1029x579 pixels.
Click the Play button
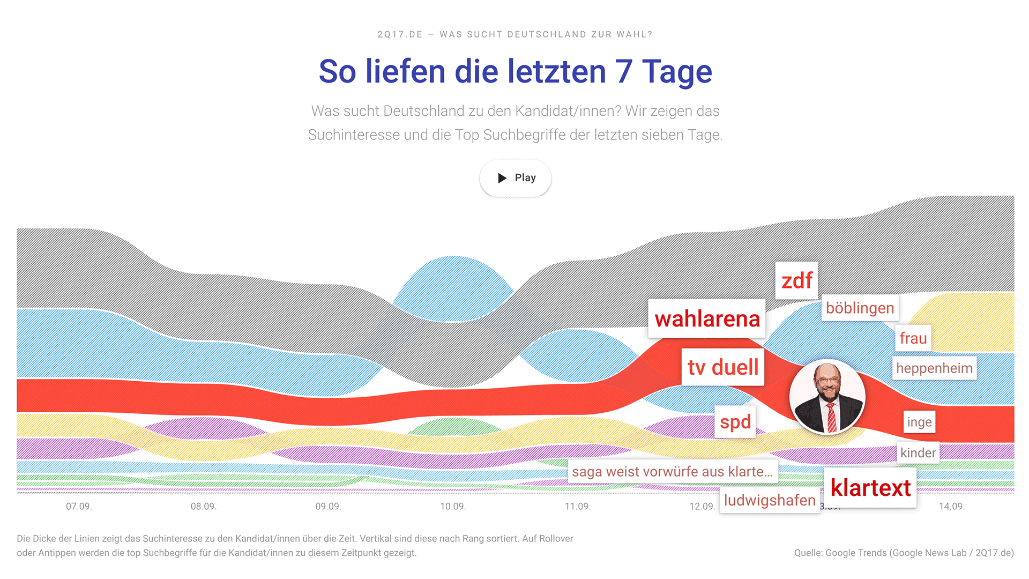point(515,178)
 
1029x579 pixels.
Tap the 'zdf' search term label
point(796,280)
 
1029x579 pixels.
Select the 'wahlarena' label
point(707,319)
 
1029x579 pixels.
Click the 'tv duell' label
point(722,367)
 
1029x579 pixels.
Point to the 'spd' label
point(735,422)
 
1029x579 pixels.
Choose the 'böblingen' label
point(860,308)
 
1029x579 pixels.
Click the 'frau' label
point(913,338)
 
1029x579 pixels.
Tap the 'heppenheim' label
point(934,368)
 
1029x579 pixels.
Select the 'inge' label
point(919,422)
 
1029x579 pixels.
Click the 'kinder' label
point(918,453)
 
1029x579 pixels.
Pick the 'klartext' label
point(870,488)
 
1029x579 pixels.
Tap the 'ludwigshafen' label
point(770,500)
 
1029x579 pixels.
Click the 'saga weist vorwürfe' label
point(672,472)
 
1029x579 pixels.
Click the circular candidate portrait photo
point(827,397)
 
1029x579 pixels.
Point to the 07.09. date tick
point(79,507)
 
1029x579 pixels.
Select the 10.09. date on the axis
point(453,507)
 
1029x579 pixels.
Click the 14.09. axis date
point(951,507)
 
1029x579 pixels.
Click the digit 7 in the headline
point(624,72)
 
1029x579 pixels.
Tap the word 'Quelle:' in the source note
point(808,553)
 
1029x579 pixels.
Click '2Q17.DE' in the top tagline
point(400,34)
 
